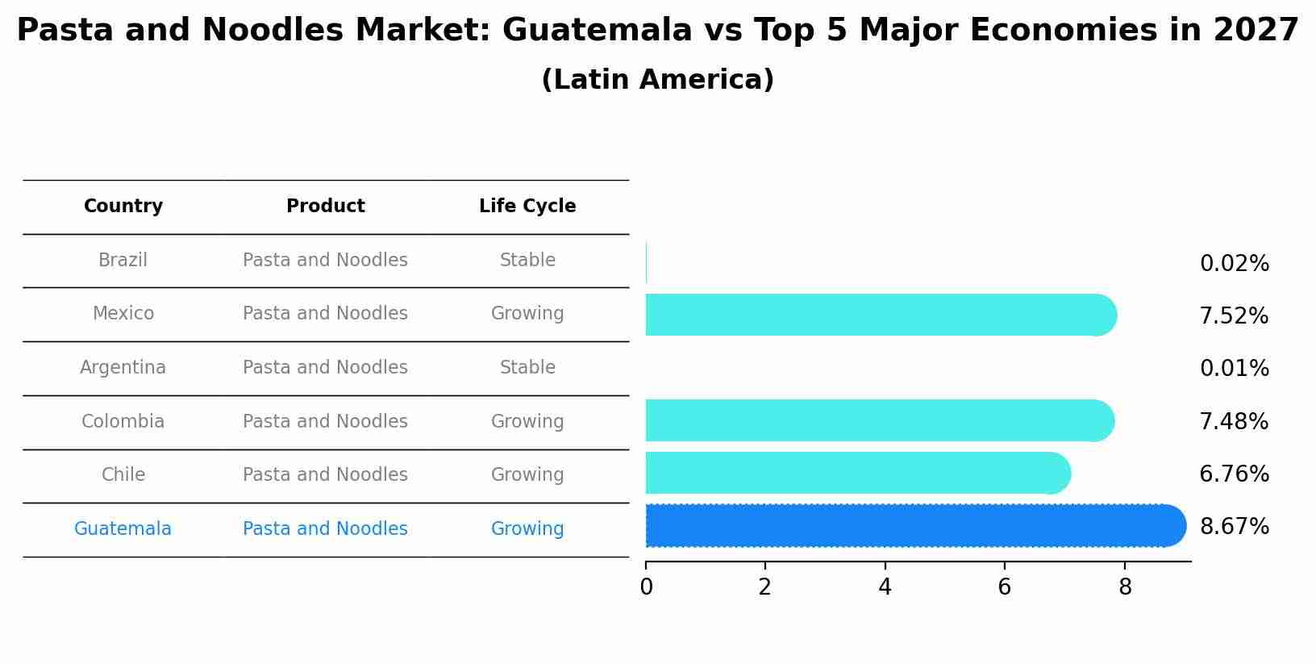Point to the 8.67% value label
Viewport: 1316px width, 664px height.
tap(1234, 527)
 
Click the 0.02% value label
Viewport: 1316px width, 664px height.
tap(1234, 264)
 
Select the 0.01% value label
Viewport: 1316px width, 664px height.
tap(1234, 369)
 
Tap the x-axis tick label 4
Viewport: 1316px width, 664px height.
tap(885, 588)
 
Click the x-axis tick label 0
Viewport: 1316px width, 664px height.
tap(646, 588)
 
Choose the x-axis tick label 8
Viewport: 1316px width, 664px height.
tap(1125, 588)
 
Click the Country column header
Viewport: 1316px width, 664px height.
tap(123, 207)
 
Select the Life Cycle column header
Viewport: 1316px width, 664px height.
tap(527, 207)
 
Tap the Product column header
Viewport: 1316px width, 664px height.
tap(325, 207)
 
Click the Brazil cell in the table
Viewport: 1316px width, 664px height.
tap(123, 261)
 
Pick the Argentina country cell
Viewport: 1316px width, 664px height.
tap(123, 368)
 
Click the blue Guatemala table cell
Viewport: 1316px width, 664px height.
tap(123, 529)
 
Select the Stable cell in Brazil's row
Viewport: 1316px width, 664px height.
tap(527, 261)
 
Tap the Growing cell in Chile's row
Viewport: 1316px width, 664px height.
tap(527, 475)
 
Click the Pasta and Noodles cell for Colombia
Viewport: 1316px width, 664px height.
tap(325, 422)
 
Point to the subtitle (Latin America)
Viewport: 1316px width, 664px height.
tap(657, 80)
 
